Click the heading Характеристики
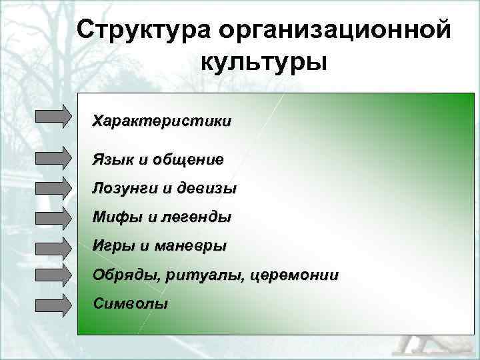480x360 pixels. point(162,121)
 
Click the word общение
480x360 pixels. point(189,160)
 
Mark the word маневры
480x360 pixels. point(191,246)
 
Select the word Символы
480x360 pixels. point(131,303)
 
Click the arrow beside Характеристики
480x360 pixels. point(53,115)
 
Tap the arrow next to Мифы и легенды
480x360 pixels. point(53,217)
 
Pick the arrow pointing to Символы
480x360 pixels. point(53,305)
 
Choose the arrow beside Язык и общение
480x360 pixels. point(53,159)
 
